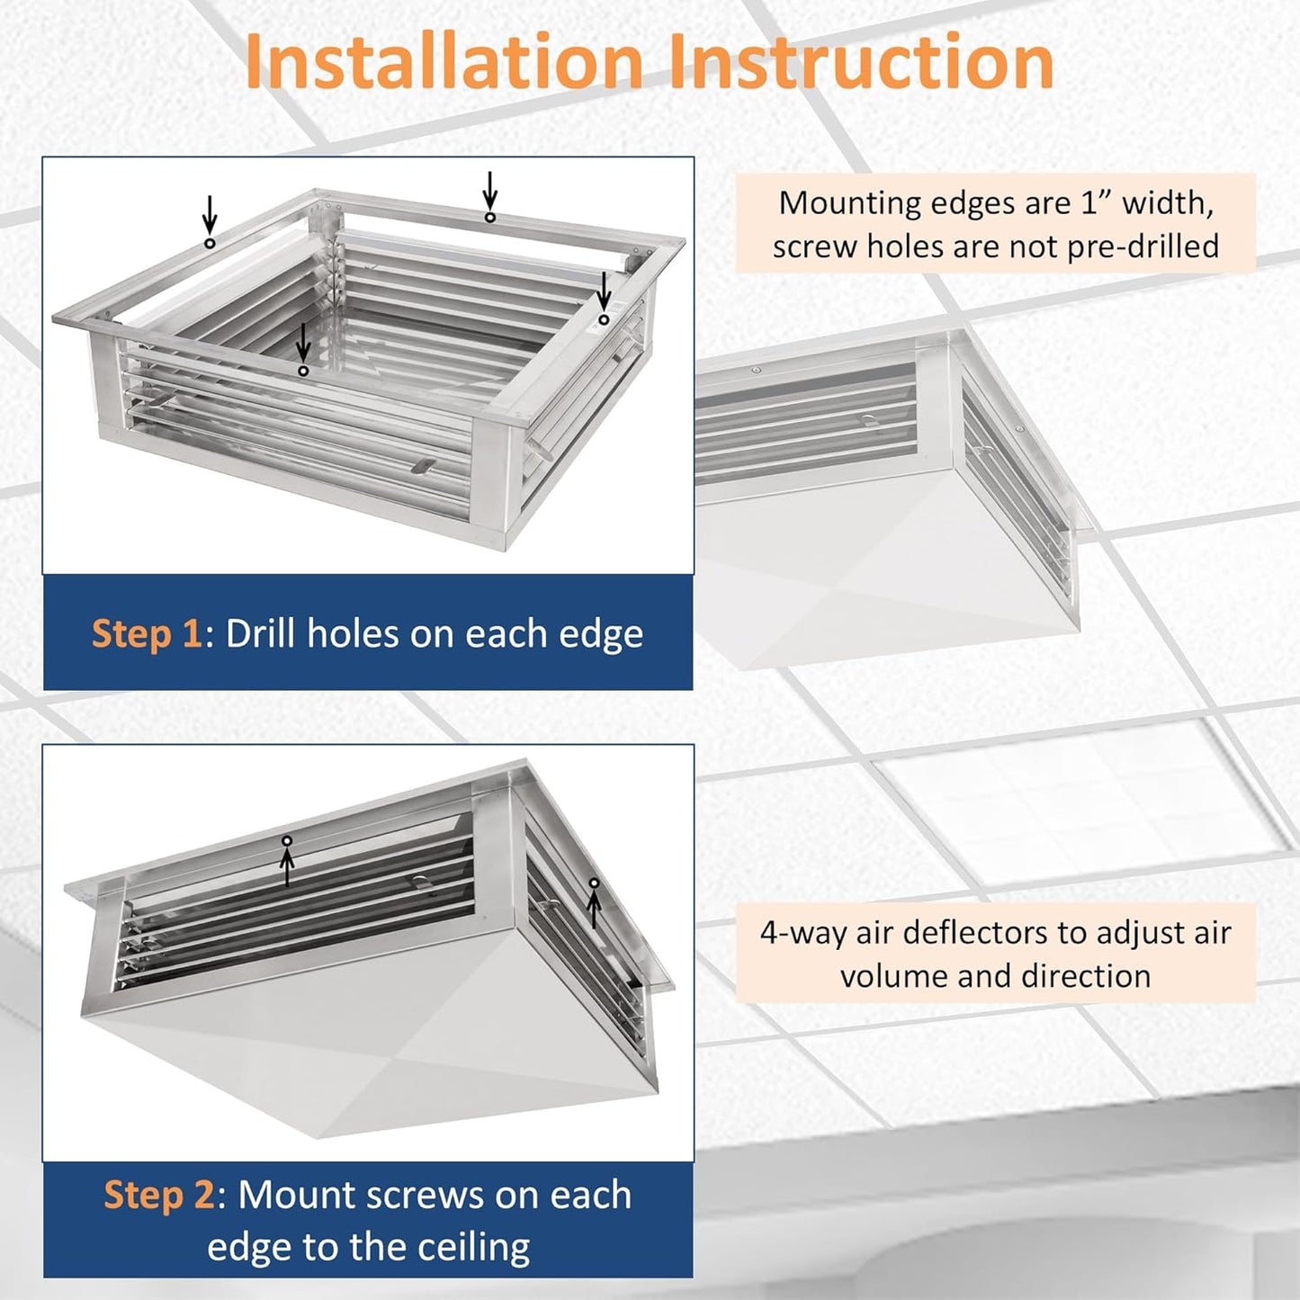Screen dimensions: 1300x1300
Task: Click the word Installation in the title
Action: [444, 61]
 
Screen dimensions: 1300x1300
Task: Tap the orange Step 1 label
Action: [147, 634]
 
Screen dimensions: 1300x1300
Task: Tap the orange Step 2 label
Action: [158, 1196]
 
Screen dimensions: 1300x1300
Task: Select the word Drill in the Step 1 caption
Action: [262, 634]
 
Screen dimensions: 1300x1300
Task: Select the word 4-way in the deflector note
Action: [802, 933]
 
